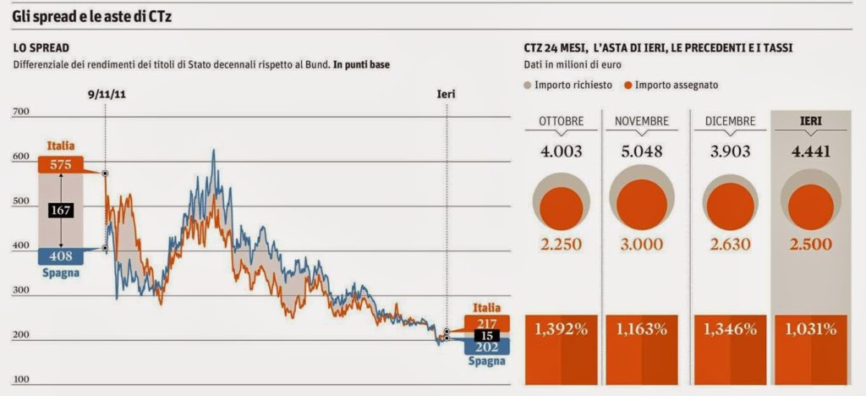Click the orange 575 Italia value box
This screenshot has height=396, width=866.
[x=60, y=166]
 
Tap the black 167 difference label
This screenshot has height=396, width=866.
[x=60, y=210]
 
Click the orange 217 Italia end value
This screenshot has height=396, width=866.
[x=487, y=324]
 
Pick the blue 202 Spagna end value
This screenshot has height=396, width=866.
[x=487, y=348]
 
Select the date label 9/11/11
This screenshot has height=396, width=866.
[x=105, y=94]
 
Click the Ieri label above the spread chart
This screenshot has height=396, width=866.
[x=446, y=94]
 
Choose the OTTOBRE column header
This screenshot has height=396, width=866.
[x=561, y=122]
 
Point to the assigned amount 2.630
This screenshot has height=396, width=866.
[x=730, y=245]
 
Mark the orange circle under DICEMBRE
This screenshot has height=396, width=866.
[x=730, y=206]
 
